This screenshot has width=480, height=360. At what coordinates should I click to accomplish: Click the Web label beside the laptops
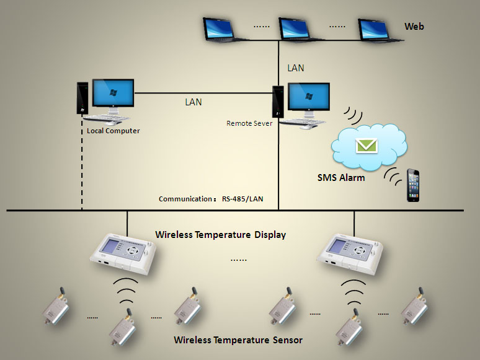point(414,27)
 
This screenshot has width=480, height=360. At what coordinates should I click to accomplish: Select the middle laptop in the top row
point(301,29)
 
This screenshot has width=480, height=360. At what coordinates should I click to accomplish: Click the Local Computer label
point(113,131)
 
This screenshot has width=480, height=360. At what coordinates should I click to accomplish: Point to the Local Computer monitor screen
point(113,94)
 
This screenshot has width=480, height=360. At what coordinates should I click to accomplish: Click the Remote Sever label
point(249,123)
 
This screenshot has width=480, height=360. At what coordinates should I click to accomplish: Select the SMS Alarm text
point(341,178)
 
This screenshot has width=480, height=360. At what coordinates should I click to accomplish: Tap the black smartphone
point(414,185)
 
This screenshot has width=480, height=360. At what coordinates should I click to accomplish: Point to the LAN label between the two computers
point(193,102)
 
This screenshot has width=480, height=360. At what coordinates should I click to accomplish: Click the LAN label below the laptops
point(296,68)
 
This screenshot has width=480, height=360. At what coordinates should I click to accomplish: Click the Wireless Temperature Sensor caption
point(238,340)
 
